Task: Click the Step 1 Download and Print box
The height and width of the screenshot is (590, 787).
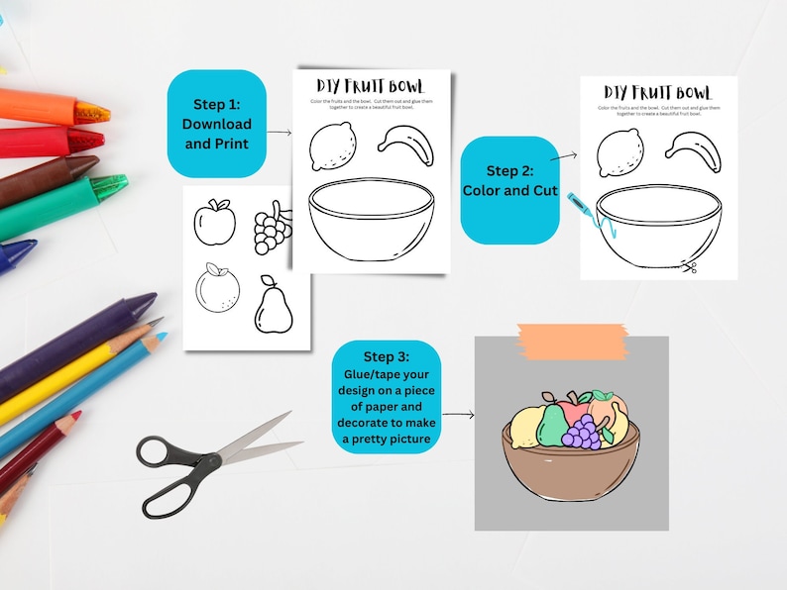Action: [x=216, y=124]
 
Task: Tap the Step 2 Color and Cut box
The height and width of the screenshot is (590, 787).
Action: [x=509, y=180]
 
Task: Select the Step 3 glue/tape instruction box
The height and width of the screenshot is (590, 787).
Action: [x=386, y=397]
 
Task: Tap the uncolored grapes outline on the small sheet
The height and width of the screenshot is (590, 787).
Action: [x=273, y=229]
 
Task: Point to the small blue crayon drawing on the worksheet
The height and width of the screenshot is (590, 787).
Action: [x=581, y=209]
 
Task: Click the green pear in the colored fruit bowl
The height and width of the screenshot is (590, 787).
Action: [x=551, y=426]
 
